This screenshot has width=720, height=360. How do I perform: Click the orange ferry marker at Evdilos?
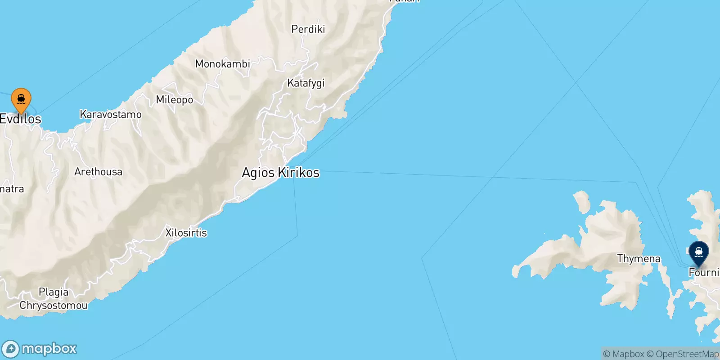pos(21,99)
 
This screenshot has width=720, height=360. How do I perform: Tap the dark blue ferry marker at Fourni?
pos(698,252)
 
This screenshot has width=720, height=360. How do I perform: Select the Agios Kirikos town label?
pos(280,172)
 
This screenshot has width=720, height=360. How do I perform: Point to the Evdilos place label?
pos(21,119)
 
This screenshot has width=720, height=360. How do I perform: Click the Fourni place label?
pos(703,272)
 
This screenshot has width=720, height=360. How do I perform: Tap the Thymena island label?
pos(639,259)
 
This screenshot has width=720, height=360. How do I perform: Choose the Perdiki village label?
pos(308,29)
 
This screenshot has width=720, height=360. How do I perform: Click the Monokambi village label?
pos(222,64)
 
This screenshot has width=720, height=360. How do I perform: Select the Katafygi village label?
pos(306,83)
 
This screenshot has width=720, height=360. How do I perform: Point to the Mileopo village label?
pos(174,99)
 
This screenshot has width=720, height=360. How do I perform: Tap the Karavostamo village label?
pos(110,115)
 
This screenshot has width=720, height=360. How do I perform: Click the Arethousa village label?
pos(98,172)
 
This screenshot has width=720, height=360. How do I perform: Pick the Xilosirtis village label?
pos(186,233)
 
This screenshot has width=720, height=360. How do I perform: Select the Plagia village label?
pos(54,292)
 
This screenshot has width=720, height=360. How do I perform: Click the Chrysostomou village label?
pos(53,306)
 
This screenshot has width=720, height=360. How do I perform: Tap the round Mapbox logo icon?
pos(11,349)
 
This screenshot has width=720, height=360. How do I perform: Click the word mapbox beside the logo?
pos(49,349)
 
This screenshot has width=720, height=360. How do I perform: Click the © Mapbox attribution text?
pos(624,354)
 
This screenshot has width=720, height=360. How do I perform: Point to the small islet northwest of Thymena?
pos(581,201)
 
